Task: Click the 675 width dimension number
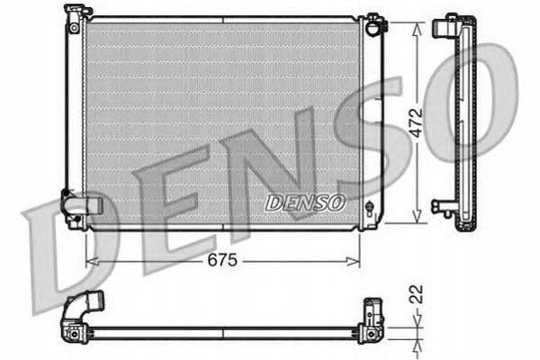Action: pos(220,260)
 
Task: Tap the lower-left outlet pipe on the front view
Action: pos(84,205)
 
